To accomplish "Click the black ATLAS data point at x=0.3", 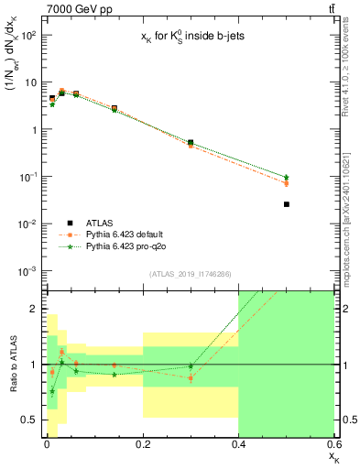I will (x=191, y=143).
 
